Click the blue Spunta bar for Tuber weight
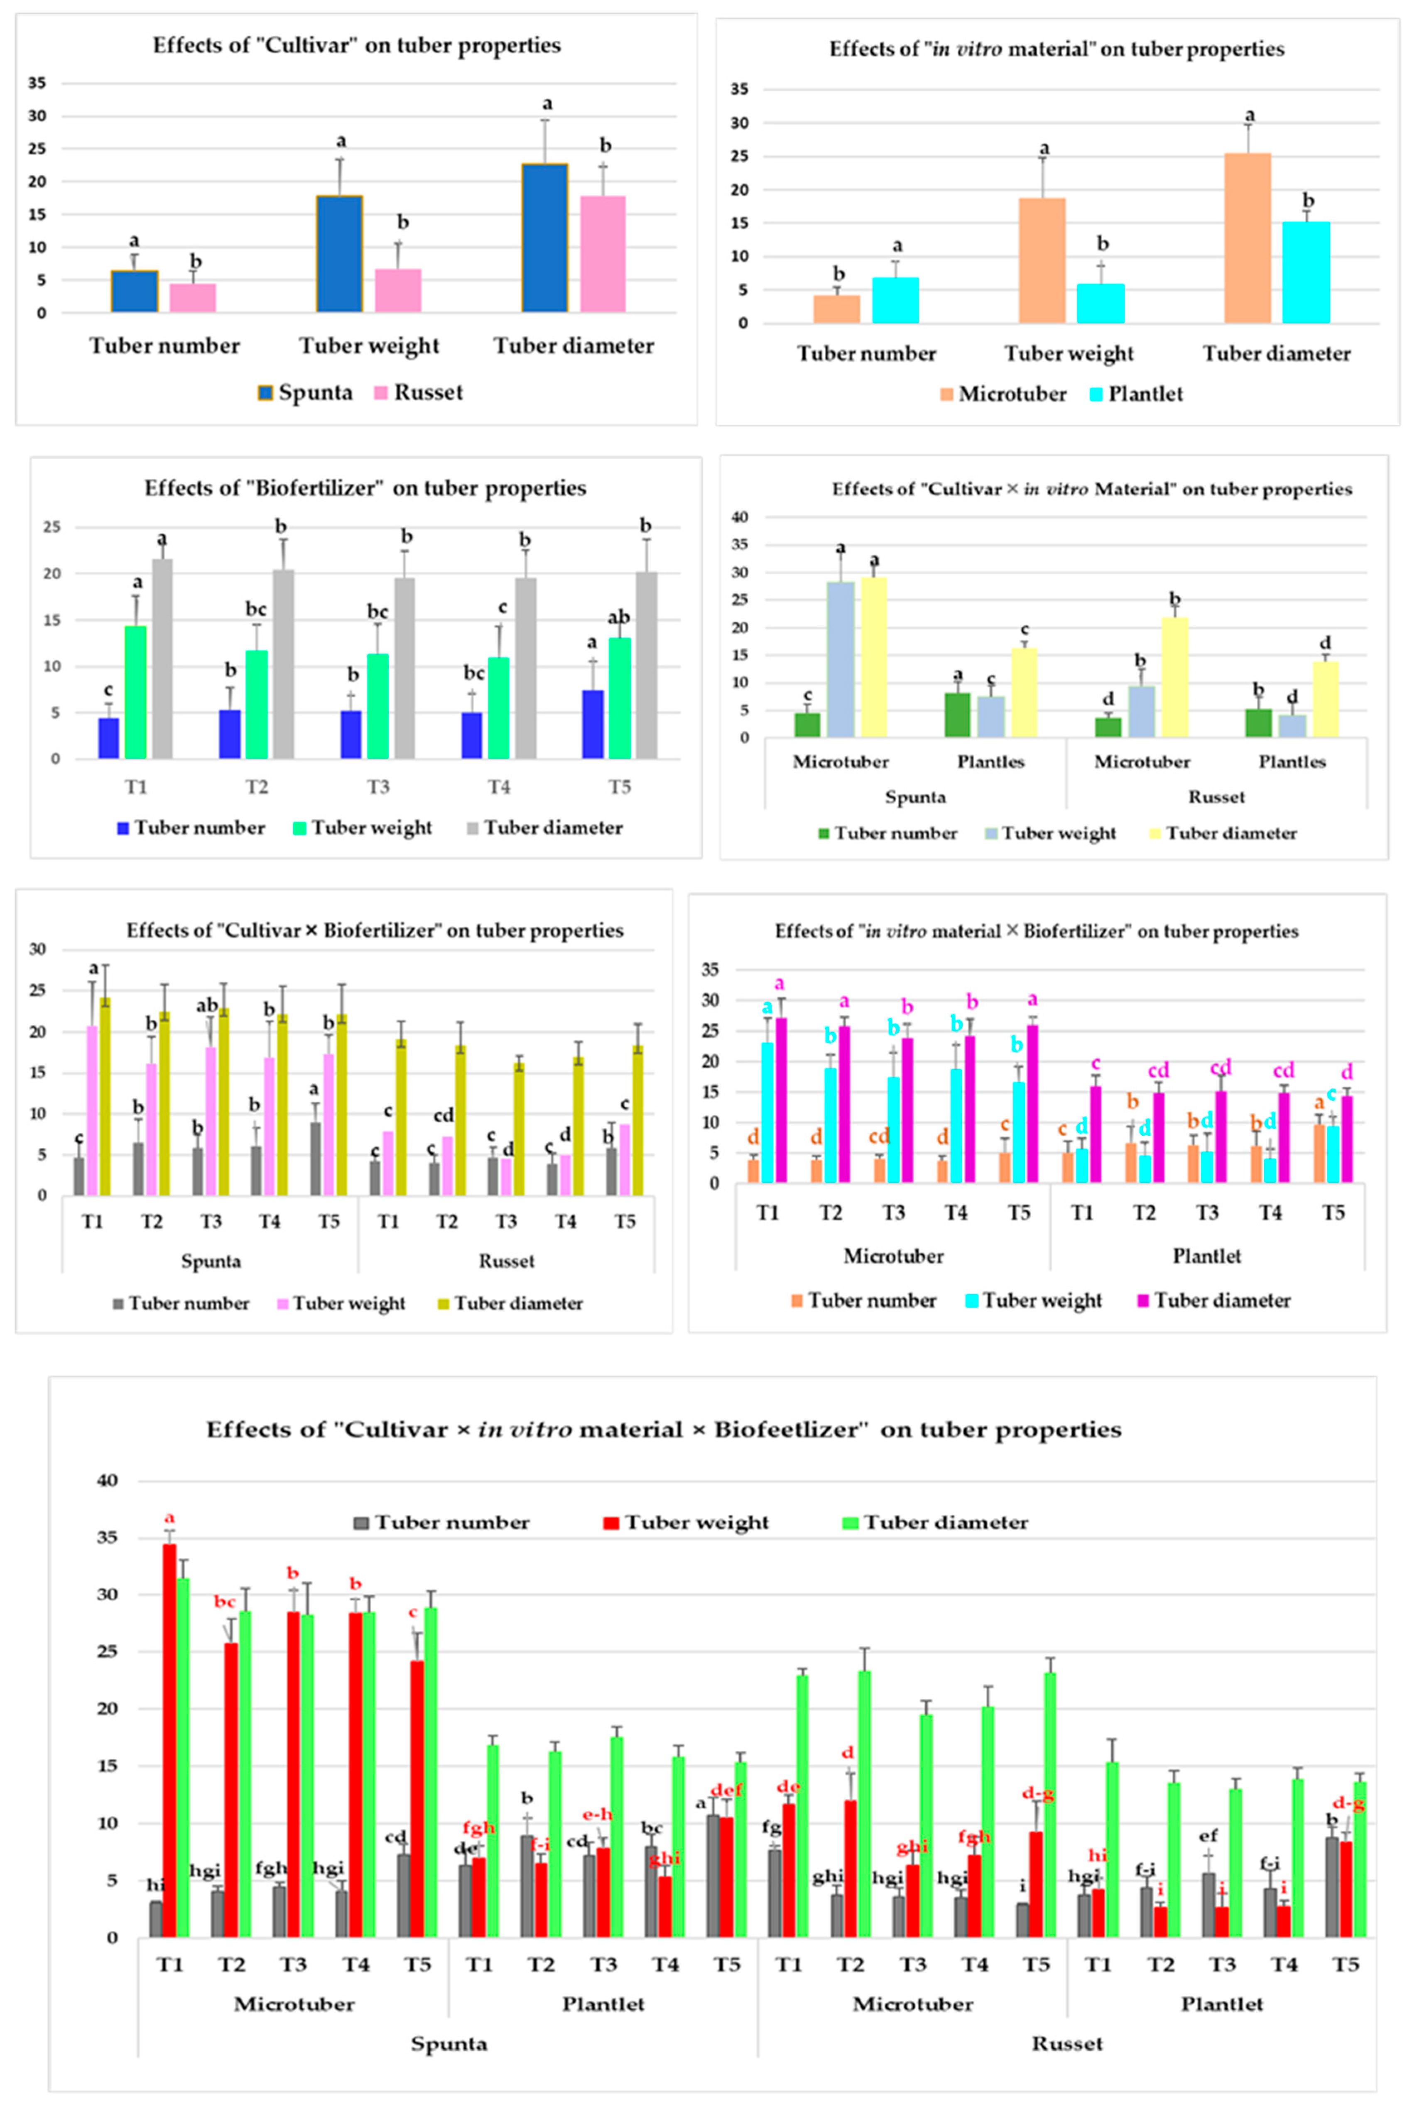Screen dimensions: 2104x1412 pyautogui.click(x=339, y=254)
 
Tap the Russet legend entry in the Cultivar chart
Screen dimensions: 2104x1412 pyautogui.click(x=419, y=392)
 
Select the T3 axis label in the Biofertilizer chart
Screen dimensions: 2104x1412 pyautogui.click(x=378, y=787)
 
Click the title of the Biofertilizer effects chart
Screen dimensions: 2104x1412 pyautogui.click(x=365, y=488)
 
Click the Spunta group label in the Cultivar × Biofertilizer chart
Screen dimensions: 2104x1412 pyautogui.click(x=211, y=1261)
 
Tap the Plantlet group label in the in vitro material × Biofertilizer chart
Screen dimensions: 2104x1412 pyautogui.click(x=1207, y=1256)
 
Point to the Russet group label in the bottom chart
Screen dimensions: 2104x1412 pyautogui.click(x=1067, y=2044)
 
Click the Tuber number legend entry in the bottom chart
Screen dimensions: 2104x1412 pyautogui.click(x=441, y=1522)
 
